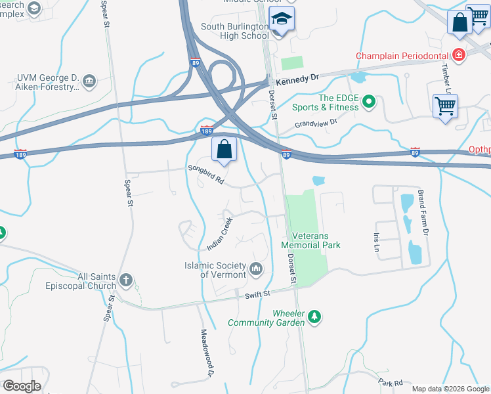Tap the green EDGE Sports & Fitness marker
point(368,101)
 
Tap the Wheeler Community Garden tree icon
point(315,317)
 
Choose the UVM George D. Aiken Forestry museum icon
point(90,81)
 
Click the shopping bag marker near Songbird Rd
point(224,150)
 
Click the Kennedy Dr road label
point(297,77)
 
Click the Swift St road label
point(258,295)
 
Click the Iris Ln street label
point(377,240)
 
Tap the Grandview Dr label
point(315,123)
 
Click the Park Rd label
point(390,382)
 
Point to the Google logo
point(22,386)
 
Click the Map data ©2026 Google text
point(450,389)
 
